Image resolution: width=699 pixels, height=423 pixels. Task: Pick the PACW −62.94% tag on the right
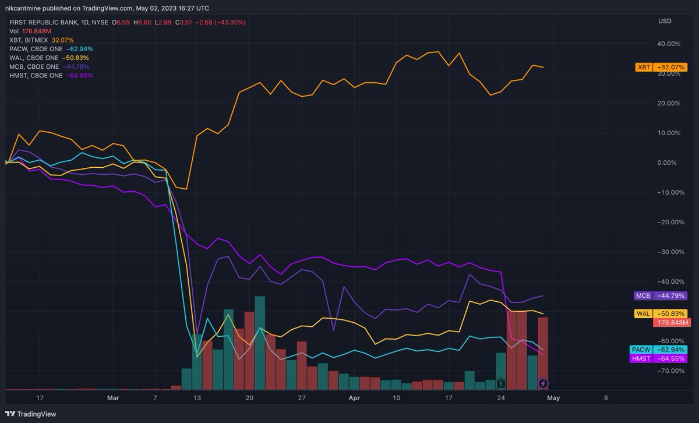[x=659, y=350]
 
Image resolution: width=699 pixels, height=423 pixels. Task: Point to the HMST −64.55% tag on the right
[x=659, y=359]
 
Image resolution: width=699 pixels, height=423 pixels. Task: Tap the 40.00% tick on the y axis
[x=669, y=44]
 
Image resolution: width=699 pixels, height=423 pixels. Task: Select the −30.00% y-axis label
[x=667, y=252]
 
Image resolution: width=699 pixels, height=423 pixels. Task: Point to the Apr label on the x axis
[x=355, y=398]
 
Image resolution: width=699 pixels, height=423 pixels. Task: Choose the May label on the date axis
[x=553, y=398]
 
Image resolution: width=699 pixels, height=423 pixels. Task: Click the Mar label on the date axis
[x=113, y=398]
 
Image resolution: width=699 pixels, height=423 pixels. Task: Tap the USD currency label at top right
[x=664, y=21]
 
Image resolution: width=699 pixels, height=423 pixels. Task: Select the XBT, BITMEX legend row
[x=41, y=40]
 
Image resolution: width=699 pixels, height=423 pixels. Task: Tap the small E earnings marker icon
[x=500, y=383]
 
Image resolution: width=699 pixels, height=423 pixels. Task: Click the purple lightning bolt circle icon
[x=543, y=383]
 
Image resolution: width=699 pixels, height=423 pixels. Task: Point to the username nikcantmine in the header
[x=28, y=9]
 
